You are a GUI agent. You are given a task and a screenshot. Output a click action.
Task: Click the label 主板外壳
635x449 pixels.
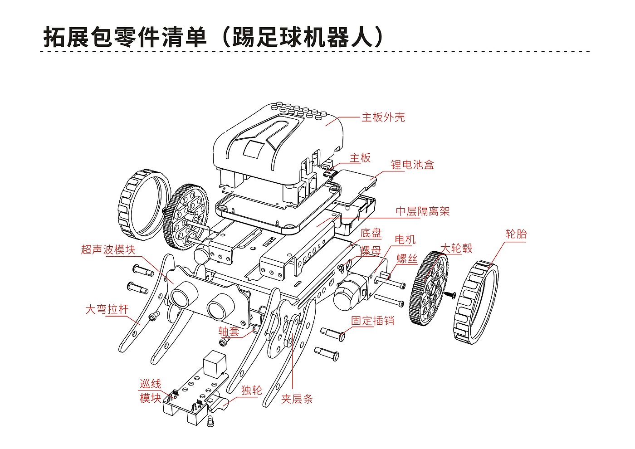point(383,117)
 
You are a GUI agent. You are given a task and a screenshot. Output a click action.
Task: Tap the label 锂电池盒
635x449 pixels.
point(412,165)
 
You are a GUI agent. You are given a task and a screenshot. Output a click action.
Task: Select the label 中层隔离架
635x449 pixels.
point(423,211)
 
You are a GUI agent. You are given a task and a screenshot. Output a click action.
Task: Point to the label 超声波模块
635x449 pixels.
point(108,250)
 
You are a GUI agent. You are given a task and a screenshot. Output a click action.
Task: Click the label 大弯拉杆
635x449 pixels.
point(107,309)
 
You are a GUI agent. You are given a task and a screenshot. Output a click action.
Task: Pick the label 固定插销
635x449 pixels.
point(372,321)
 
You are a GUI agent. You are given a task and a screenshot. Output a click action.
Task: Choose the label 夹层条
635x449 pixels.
point(297,399)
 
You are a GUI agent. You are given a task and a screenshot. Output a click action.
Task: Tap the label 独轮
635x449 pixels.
point(252,390)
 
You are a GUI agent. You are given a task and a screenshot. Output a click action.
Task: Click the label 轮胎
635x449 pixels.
point(516,234)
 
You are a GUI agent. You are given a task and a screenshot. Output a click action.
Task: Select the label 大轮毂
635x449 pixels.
point(456,249)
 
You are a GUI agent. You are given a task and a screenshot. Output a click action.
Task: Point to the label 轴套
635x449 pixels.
point(229,332)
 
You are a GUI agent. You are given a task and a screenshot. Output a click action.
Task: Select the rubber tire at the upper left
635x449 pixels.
point(144,205)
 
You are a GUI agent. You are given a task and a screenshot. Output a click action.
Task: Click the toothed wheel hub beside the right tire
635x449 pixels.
point(429,288)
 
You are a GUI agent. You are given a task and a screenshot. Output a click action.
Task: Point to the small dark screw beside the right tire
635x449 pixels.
point(450,295)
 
